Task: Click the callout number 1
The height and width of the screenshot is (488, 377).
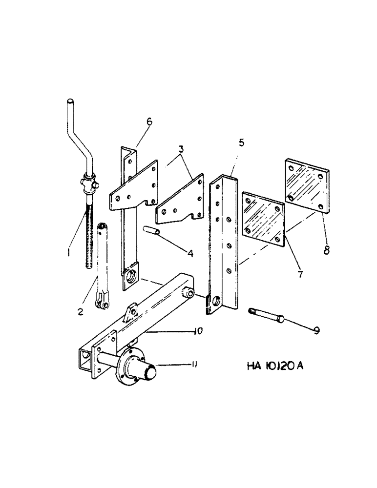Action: pos(69,253)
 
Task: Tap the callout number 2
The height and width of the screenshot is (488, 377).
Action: pos(80,310)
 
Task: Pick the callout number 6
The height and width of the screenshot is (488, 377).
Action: pos(149,121)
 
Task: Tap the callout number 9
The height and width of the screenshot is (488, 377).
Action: pos(316,330)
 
